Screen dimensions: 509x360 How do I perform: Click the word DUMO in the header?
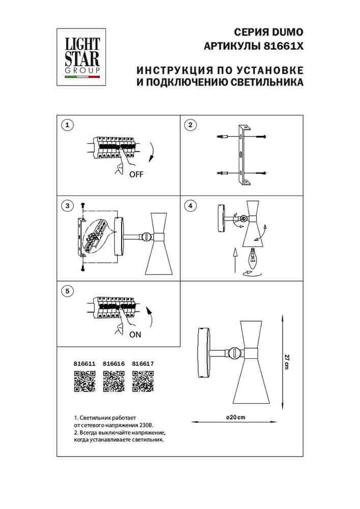288,32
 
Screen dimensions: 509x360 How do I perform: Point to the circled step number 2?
189,125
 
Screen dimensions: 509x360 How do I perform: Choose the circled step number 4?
189,206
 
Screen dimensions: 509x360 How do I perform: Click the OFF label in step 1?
136,174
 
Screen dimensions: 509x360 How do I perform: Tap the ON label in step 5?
135,334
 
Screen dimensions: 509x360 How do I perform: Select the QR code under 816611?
85,381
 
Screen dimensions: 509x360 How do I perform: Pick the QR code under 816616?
114,381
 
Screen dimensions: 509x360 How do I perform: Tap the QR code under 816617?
143,381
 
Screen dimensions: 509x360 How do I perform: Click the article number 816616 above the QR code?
114,364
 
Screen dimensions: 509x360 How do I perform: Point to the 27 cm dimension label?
288,360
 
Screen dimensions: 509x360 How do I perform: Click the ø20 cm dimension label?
235,417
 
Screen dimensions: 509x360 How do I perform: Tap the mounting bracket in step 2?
242,155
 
